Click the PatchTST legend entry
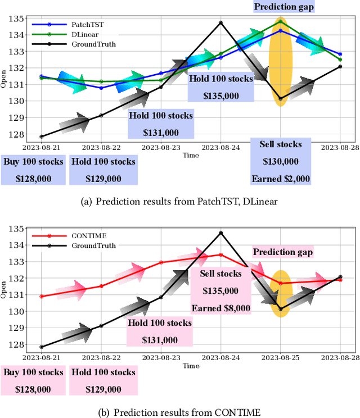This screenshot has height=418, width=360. point(84,25)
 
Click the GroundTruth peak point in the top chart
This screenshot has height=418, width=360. point(220,23)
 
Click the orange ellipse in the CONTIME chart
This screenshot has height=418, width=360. point(281,293)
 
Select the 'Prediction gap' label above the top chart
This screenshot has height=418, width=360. point(284,7)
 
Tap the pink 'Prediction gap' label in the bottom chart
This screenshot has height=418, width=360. point(282,252)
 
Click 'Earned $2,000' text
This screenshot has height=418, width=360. point(281,179)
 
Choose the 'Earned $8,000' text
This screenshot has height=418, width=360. point(220,308)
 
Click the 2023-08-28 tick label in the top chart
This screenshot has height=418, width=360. point(340,147)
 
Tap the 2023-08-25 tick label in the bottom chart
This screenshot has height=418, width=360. point(280,357)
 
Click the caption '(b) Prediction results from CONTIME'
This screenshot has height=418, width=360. point(180,412)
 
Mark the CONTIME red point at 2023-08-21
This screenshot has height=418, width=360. point(42,296)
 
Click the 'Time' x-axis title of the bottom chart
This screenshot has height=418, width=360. point(191,366)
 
